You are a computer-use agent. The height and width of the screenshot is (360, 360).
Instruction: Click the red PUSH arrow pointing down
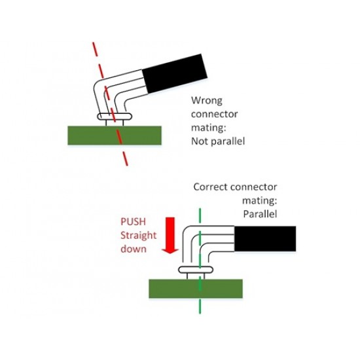170,236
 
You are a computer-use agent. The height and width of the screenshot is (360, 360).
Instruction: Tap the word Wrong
207,101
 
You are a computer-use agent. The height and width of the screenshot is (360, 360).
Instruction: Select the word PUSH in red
133,222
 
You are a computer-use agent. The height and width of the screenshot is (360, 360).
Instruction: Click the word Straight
139,236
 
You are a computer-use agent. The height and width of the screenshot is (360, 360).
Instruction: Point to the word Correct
210,187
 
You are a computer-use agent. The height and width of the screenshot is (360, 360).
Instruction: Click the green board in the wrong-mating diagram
115,135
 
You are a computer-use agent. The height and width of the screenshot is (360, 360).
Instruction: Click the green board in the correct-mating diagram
196,289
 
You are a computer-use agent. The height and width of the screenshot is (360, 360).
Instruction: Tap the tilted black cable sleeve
175,73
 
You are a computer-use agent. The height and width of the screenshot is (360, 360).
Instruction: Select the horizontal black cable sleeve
265,238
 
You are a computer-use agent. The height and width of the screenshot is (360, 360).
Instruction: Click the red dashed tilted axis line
110,104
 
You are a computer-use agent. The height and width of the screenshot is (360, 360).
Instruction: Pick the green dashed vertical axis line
200,261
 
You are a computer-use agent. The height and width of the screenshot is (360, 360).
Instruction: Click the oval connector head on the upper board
115,117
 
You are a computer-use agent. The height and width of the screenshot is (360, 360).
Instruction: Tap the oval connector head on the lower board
196,270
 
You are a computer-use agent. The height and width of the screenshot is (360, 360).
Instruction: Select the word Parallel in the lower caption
260,214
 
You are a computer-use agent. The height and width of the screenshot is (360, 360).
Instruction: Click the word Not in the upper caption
200,141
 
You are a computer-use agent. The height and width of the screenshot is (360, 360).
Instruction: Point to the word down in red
134,249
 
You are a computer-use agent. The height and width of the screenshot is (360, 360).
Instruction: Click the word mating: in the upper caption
209,128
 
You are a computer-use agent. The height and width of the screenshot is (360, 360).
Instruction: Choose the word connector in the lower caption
253,187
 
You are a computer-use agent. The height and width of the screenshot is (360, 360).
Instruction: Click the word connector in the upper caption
215,114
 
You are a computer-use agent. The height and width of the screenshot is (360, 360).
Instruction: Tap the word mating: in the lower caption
260,201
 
